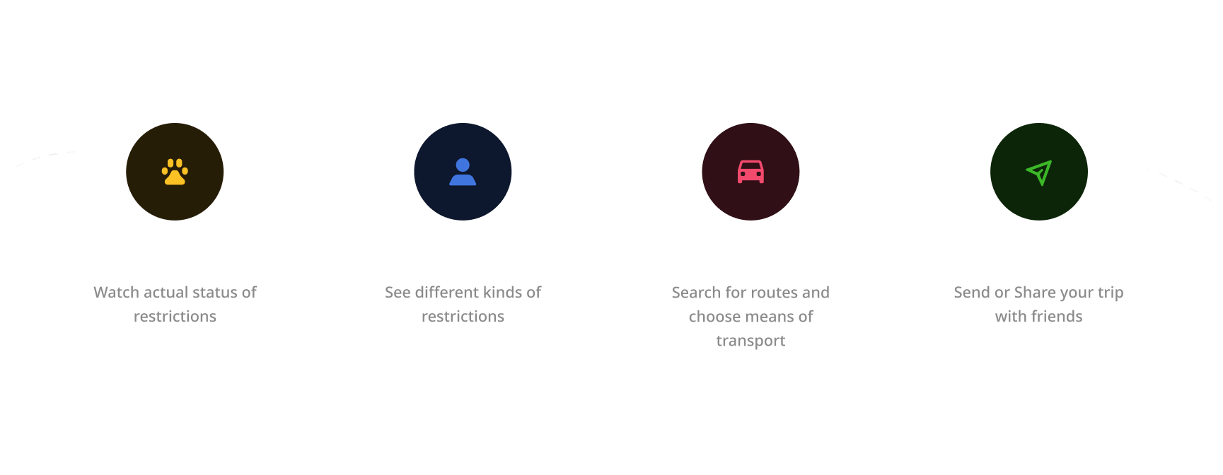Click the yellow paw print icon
175,172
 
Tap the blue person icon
463,172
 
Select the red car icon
750,172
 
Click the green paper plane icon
1039,172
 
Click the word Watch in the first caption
116,293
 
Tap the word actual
166,293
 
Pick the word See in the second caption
398,293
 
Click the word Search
696,293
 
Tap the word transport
750,341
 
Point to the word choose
712,317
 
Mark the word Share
1035,293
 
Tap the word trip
1111,293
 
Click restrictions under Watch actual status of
175,317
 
